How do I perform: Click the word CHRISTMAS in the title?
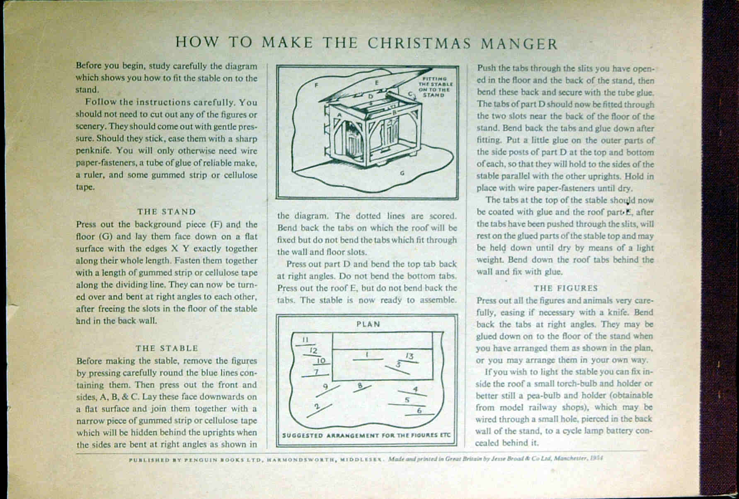click(x=419, y=43)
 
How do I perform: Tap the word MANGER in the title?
click(x=519, y=44)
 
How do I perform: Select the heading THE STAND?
click(x=167, y=212)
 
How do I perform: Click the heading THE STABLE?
click(x=167, y=348)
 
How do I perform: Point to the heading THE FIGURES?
click(x=565, y=288)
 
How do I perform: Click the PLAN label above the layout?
click(x=368, y=324)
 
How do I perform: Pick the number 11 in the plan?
click(x=305, y=339)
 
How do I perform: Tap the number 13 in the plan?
click(x=409, y=356)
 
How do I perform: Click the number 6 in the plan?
click(x=419, y=410)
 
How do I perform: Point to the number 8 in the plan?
click(x=360, y=386)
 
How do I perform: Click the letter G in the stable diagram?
click(x=402, y=173)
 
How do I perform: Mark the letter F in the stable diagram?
click(x=317, y=85)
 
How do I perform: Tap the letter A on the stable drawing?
click(x=339, y=114)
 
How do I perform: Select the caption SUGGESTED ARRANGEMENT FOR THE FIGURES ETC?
click(x=366, y=436)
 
